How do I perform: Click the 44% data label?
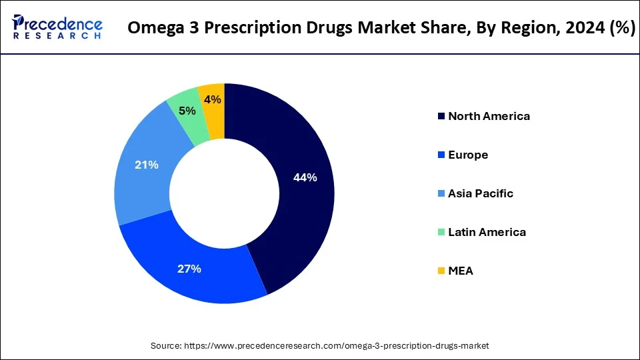(305, 178)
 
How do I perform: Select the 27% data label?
(189, 269)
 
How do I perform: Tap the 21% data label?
(146, 165)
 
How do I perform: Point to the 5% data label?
(187, 111)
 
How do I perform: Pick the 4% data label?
(213, 99)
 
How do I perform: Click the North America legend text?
(489, 116)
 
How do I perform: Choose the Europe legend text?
(468, 155)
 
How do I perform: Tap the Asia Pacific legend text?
(481, 193)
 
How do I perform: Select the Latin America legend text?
(487, 232)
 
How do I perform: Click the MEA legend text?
(461, 271)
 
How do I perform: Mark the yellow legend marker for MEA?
(441, 271)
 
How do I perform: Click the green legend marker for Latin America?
(441, 232)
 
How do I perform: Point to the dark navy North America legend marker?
(441, 116)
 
